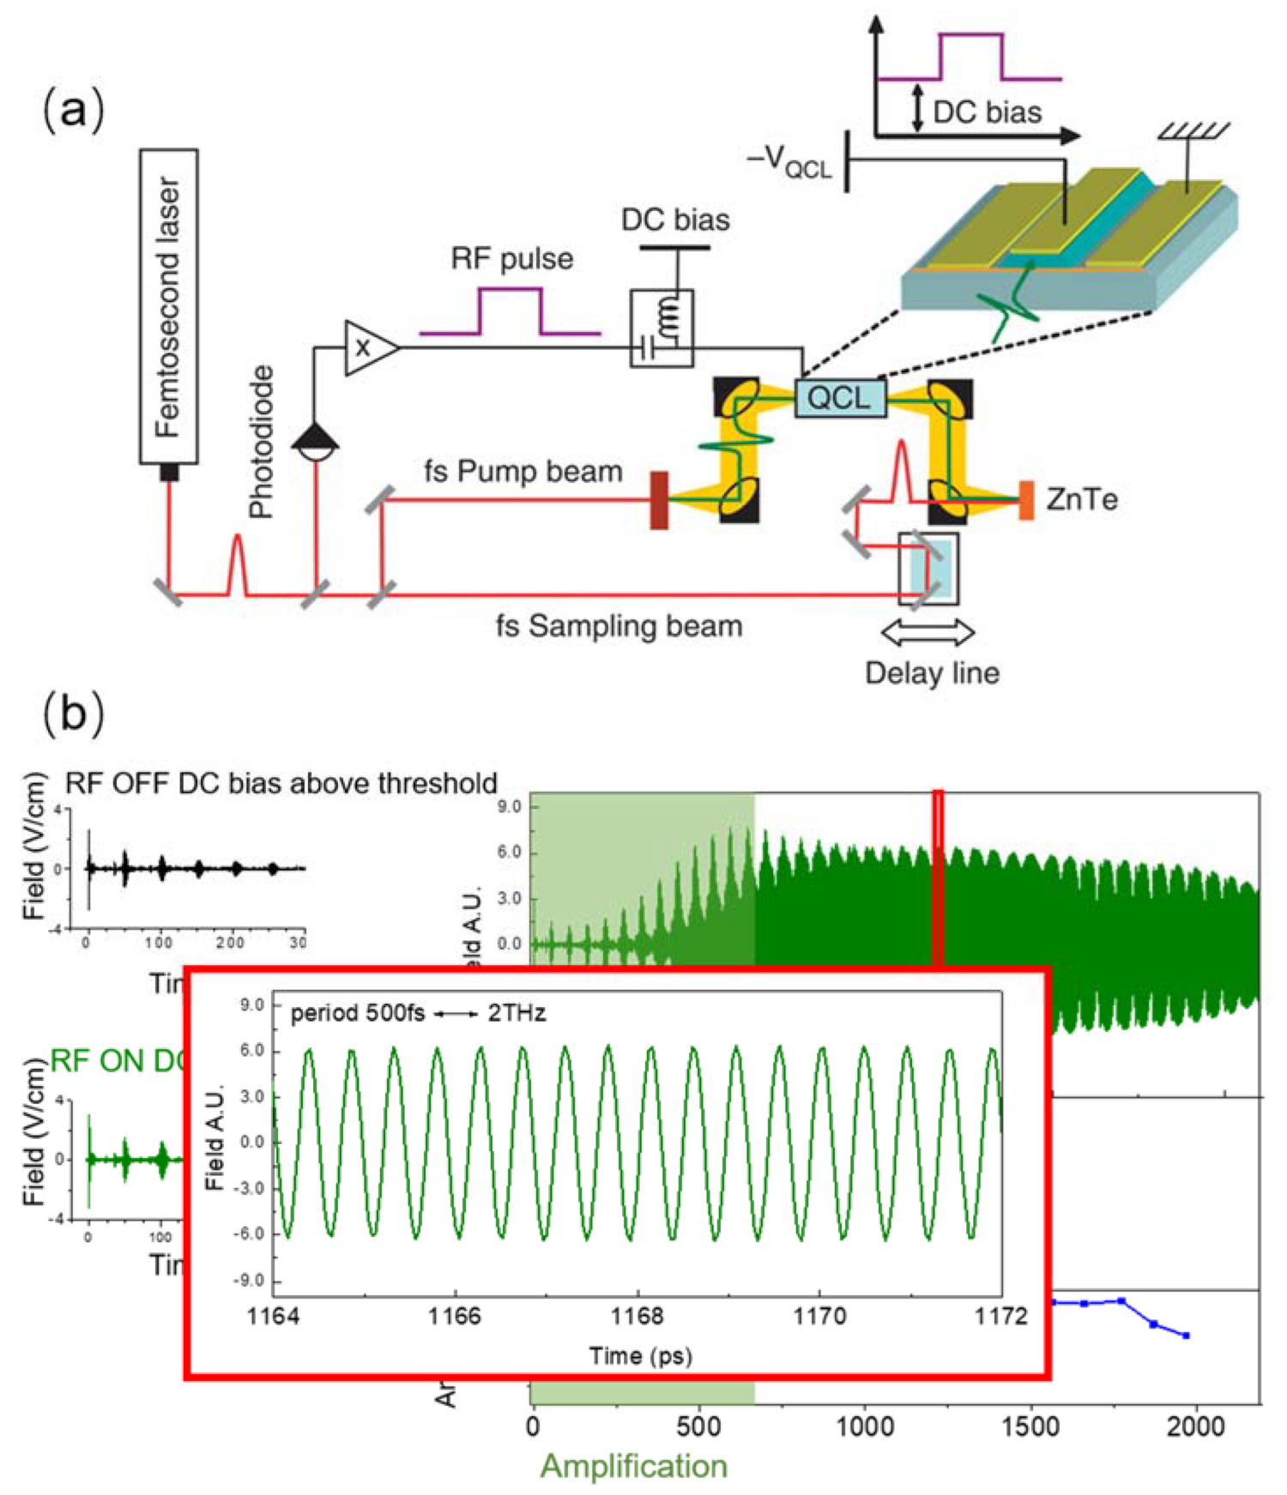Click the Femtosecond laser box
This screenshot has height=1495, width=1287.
(x=169, y=306)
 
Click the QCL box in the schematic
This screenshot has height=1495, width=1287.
(x=839, y=398)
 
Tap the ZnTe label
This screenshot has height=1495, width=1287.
(x=1081, y=499)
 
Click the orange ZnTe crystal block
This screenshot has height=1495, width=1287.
(x=1025, y=500)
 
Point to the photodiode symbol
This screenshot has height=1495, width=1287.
(x=316, y=442)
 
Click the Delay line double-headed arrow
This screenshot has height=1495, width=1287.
(x=927, y=633)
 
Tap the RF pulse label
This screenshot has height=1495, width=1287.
(x=511, y=259)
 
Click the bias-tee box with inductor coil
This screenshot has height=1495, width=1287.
(x=662, y=329)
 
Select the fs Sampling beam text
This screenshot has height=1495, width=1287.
(x=619, y=626)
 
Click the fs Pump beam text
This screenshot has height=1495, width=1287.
(x=523, y=472)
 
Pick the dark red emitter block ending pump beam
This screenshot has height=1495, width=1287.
(x=659, y=500)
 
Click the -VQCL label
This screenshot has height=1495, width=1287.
(x=789, y=162)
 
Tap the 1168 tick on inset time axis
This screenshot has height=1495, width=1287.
(x=637, y=1316)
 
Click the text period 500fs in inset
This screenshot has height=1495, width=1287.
(x=357, y=1014)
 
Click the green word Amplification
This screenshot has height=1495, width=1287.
(x=633, y=1466)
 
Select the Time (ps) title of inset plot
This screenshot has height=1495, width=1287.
(x=640, y=1355)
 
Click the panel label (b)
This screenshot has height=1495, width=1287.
(x=73, y=714)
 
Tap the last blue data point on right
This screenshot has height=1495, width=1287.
(x=1186, y=1335)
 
